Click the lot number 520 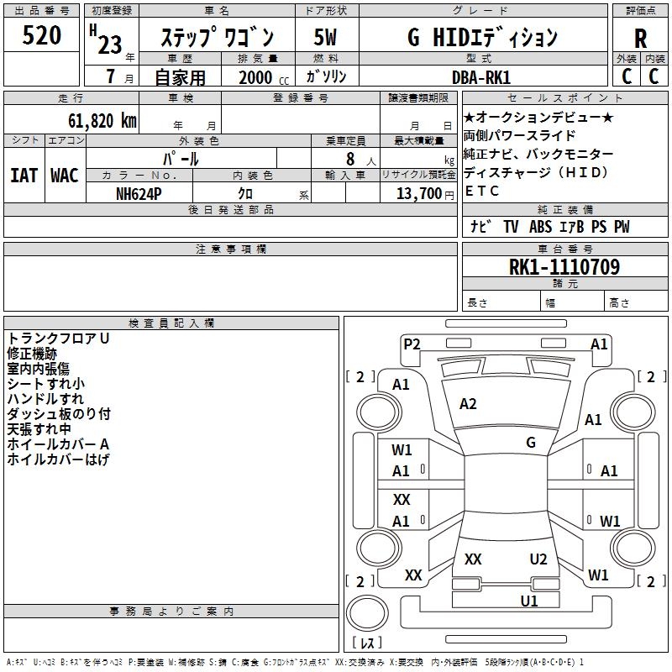[42, 36]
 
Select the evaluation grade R [640, 39]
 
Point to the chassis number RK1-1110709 [564, 268]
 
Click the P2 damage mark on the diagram [412, 344]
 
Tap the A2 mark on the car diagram [468, 404]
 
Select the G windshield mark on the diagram [531, 442]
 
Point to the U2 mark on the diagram [538, 559]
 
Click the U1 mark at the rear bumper [529, 601]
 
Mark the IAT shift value [24, 176]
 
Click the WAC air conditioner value [65, 176]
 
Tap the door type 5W [325, 37]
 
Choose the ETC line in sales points [481, 191]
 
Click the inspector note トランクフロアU [59, 339]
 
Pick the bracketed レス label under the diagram [367, 643]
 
